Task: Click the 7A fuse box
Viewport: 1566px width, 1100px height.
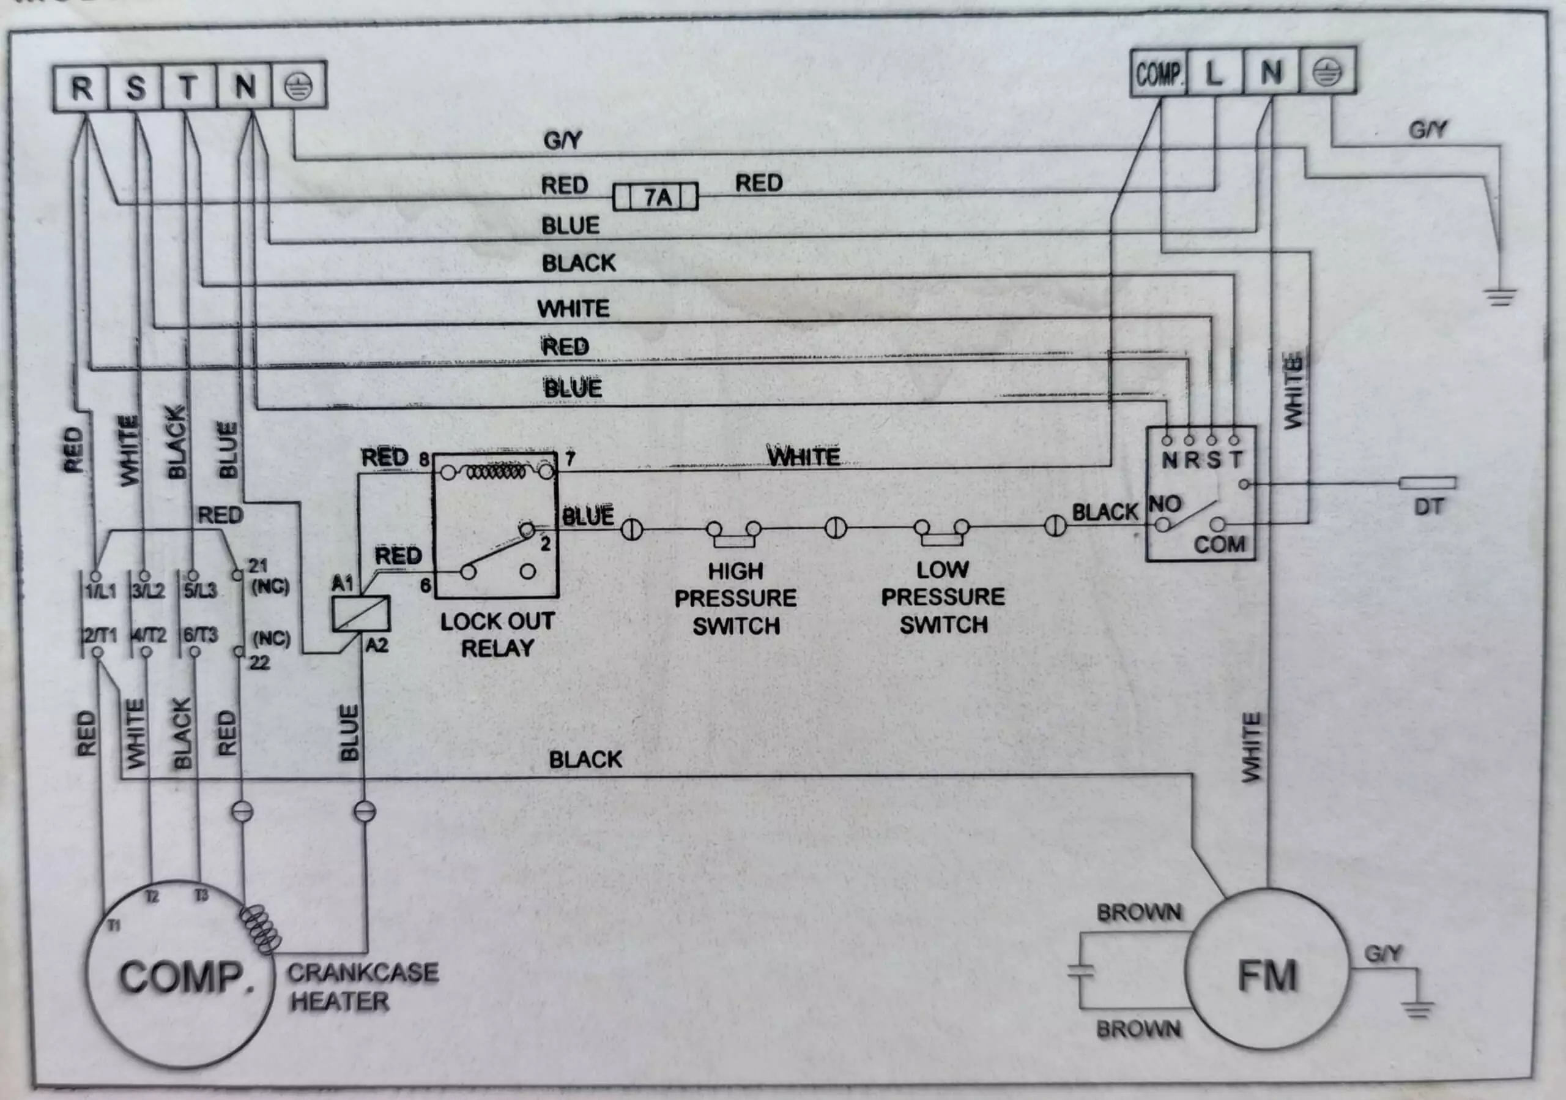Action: [x=655, y=197]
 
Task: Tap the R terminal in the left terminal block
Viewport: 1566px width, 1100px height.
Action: [x=81, y=88]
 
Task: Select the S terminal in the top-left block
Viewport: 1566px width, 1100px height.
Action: [x=135, y=88]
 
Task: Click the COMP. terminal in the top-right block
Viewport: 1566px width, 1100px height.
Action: [x=1159, y=72]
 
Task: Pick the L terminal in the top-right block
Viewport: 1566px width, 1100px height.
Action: [x=1215, y=72]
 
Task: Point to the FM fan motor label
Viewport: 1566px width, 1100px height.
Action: [x=1267, y=976]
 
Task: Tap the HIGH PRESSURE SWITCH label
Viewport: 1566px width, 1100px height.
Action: [x=735, y=599]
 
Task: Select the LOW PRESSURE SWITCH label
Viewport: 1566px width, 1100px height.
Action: [x=943, y=597]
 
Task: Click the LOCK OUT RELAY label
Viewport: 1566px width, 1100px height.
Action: [x=497, y=635]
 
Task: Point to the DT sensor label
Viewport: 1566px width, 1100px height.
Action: [x=1429, y=507]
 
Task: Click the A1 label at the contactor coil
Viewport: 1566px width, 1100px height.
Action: [x=343, y=583]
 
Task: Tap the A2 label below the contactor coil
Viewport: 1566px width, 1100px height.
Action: [x=376, y=645]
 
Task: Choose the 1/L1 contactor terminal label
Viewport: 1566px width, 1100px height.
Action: [x=100, y=590]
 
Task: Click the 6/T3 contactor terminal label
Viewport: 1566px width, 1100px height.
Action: [x=201, y=635]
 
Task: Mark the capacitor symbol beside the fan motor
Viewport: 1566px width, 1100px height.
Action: [x=1080, y=970]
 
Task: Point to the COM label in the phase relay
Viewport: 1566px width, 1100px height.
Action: [x=1219, y=545]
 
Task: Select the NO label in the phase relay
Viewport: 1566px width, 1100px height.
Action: [x=1165, y=504]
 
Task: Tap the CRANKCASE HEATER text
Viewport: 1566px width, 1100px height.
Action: [x=363, y=987]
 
